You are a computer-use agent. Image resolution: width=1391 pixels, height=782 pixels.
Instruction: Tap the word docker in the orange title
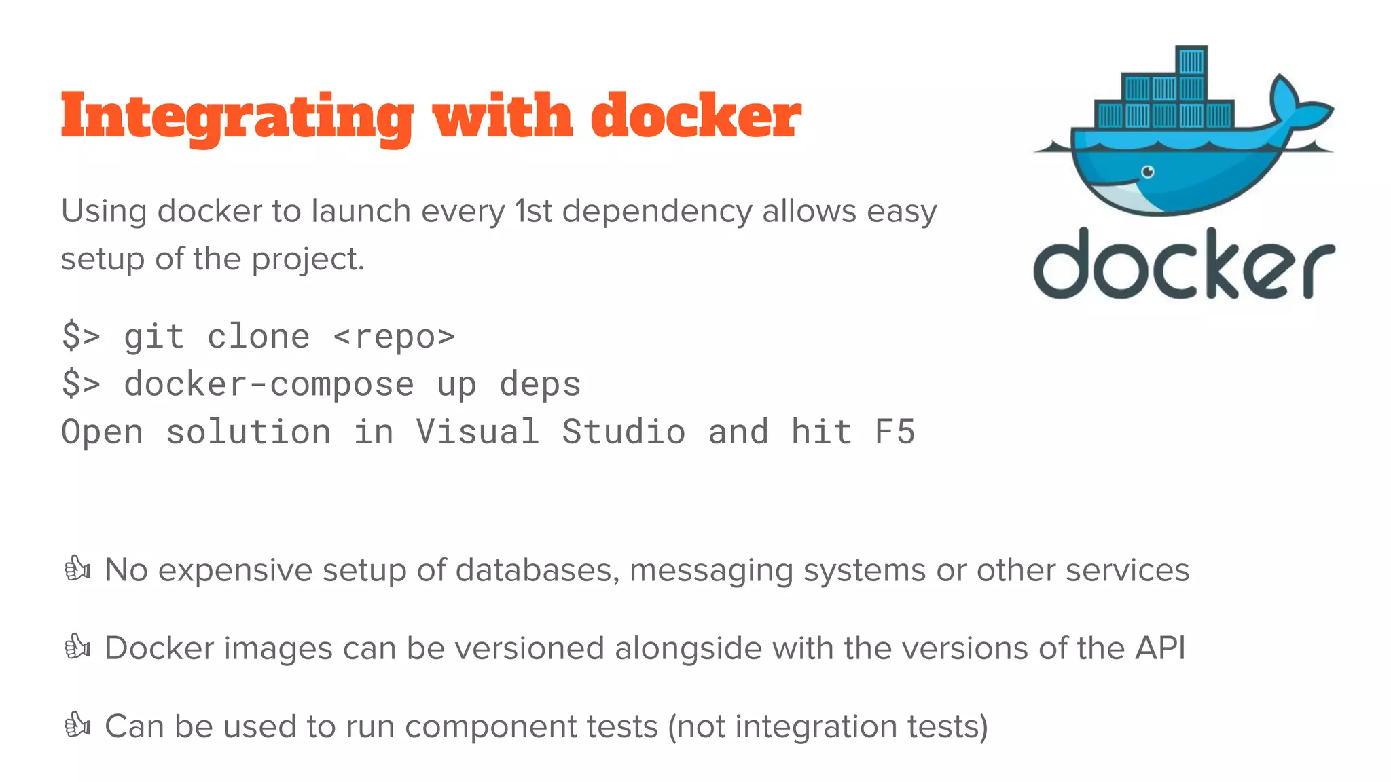click(695, 115)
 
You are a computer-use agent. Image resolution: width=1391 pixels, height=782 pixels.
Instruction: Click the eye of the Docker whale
click(1147, 172)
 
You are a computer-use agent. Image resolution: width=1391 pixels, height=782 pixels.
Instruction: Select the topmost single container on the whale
click(1191, 61)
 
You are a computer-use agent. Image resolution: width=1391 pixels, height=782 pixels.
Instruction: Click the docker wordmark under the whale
click(1183, 265)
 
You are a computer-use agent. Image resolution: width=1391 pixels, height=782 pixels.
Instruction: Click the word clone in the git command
click(258, 337)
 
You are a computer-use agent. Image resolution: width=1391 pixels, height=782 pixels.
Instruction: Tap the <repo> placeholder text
click(394, 337)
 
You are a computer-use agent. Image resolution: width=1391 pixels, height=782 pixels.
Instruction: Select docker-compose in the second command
click(269, 384)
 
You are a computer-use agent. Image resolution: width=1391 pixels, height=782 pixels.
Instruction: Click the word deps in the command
click(540, 384)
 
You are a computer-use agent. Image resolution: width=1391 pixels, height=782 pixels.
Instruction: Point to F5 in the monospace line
click(895, 432)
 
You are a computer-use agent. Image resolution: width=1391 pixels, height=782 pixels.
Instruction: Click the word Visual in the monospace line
click(477, 432)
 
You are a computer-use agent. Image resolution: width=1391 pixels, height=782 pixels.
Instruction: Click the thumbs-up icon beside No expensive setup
click(77, 569)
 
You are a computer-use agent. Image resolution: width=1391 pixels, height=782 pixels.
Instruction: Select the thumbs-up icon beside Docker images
click(77, 647)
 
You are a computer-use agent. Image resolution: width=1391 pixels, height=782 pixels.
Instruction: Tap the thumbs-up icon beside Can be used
click(77, 725)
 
